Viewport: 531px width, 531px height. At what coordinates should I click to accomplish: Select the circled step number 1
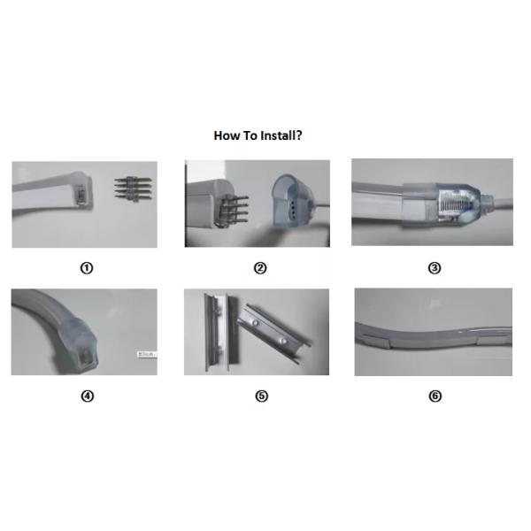tap(87, 268)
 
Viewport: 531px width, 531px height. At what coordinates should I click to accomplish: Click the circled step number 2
tap(260, 268)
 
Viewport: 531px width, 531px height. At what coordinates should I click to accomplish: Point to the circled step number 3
tap(435, 268)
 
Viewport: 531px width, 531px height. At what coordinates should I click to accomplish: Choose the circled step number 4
tap(87, 396)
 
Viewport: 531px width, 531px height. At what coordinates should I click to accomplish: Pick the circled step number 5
tap(261, 396)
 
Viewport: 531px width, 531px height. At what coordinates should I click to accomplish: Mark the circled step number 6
tap(435, 396)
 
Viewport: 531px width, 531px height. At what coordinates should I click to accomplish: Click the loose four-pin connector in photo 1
tap(133, 189)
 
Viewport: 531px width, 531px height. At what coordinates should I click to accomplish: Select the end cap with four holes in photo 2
tap(291, 202)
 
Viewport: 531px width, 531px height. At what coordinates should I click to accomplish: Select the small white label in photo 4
tap(147, 355)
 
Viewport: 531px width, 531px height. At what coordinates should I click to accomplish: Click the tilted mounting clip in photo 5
tap(273, 334)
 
